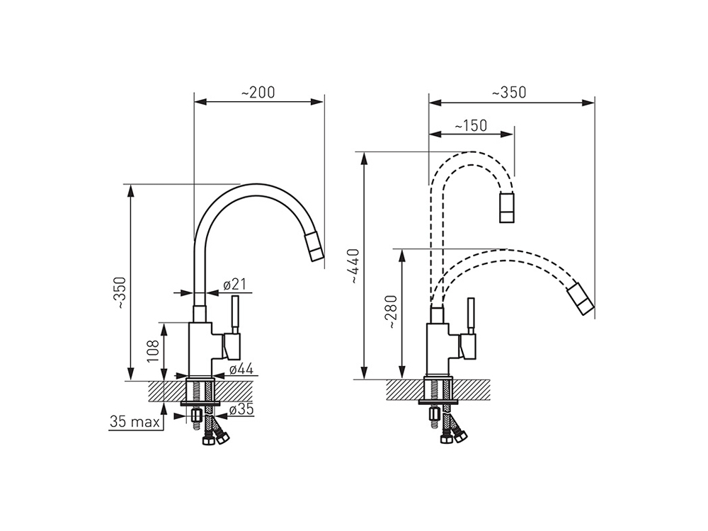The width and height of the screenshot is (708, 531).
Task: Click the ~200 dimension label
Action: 258,92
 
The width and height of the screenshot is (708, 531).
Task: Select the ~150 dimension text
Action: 471,125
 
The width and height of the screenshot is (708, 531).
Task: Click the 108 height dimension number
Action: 153,351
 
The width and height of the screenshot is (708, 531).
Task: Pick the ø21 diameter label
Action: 234,285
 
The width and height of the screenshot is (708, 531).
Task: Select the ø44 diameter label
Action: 241,369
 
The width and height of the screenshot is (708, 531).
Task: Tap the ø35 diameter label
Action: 241,409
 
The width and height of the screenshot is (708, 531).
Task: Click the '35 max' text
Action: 135,422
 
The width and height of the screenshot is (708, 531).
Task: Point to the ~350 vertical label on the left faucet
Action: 122,293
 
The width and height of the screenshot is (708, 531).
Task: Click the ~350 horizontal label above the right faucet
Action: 509,92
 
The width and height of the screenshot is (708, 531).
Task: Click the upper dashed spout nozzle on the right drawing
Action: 507,207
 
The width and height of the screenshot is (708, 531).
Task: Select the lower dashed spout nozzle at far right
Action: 581,299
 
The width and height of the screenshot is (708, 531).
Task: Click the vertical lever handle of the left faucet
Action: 235,315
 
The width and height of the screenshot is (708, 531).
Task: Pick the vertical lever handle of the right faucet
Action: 471,316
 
